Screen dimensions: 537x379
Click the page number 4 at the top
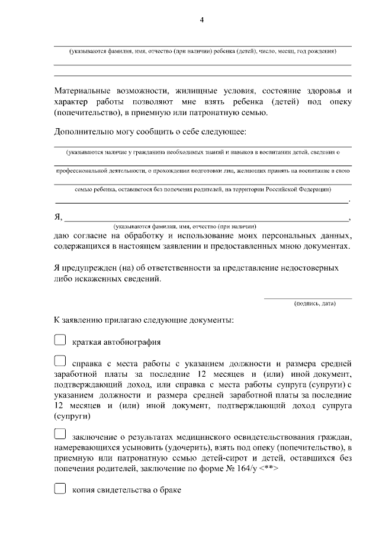(201, 20)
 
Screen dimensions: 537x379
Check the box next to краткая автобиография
(60, 341)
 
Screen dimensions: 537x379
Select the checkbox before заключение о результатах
(60, 436)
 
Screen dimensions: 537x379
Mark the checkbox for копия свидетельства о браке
(60, 490)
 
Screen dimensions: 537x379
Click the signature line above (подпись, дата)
(307, 298)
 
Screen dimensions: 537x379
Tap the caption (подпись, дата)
(314, 304)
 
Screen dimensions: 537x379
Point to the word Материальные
(81, 91)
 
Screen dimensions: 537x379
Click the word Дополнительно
(82, 131)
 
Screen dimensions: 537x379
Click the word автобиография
(133, 342)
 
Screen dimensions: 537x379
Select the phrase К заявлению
(78, 321)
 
